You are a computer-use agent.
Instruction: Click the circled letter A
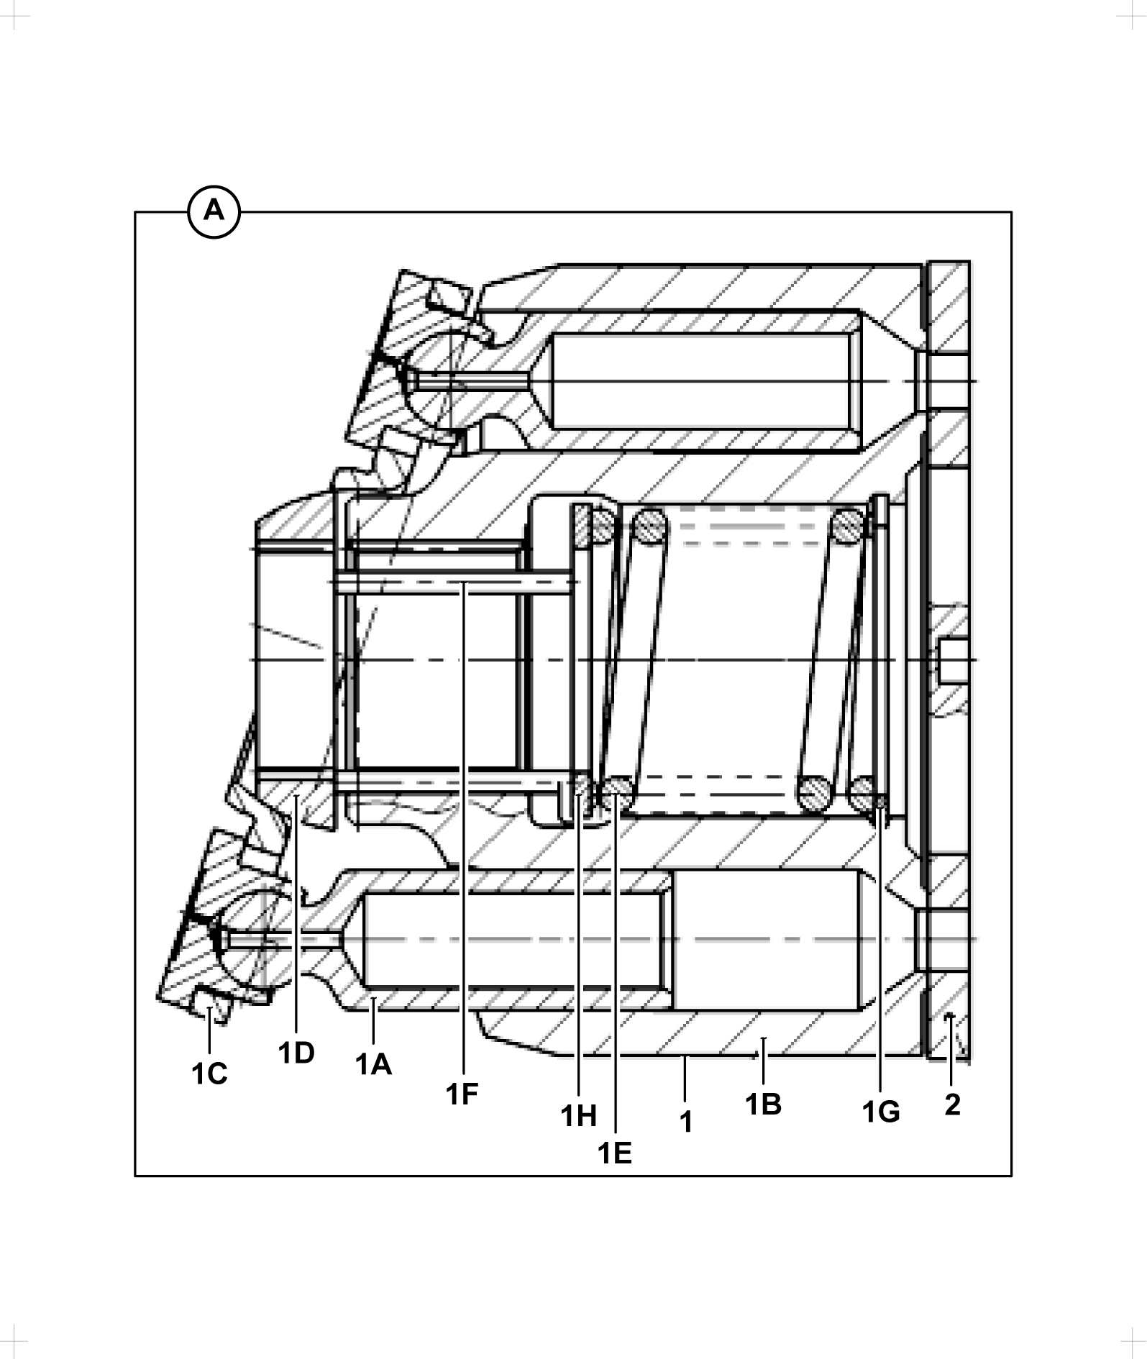214,212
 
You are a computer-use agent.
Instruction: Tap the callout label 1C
209,1074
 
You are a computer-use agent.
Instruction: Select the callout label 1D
296,1053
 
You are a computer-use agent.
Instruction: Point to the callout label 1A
374,1064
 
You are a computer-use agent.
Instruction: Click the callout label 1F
462,1094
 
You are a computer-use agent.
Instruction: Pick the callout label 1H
579,1116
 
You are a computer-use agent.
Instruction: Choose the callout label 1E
615,1153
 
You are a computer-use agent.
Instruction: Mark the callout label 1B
764,1104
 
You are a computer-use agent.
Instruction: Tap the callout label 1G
881,1112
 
